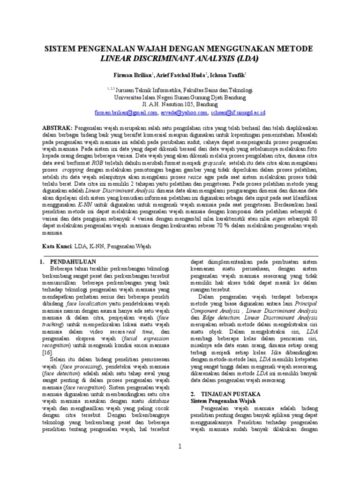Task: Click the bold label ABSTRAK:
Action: pos(58,127)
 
